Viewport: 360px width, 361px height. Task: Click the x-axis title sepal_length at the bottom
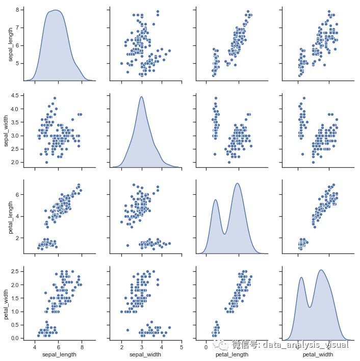tap(58, 354)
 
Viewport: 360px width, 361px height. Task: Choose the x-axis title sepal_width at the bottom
tap(145, 354)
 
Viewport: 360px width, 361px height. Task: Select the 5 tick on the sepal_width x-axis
tap(182, 347)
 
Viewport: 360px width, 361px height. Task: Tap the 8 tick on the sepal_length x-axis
tap(82, 347)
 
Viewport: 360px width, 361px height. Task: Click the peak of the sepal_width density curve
tap(141, 97)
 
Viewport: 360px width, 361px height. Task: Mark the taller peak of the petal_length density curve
tap(237, 184)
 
